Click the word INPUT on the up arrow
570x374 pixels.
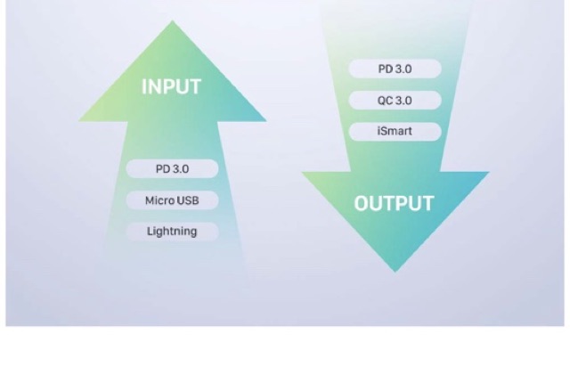click(171, 87)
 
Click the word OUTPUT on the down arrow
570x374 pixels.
click(394, 203)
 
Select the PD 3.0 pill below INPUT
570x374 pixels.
click(172, 168)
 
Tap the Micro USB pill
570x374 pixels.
click(172, 200)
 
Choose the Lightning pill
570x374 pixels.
click(172, 232)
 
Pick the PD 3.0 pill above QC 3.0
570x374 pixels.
click(395, 69)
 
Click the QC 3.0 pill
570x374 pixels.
click(395, 100)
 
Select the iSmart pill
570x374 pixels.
click(395, 132)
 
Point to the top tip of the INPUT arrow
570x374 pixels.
click(172, 21)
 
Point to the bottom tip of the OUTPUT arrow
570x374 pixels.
click(395, 272)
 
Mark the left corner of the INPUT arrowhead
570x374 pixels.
click(81, 120)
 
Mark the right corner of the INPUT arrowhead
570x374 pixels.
click(265, 120)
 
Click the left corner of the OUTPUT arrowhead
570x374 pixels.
click(303, 172)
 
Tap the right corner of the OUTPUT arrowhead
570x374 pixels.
click(488, 172)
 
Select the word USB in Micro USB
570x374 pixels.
click(187, 200)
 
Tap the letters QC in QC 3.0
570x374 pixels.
click(385, 100)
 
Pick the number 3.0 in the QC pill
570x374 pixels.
click(403, 100)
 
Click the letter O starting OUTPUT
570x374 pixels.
click(362, 203)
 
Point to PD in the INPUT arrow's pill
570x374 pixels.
click(162, 168)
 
